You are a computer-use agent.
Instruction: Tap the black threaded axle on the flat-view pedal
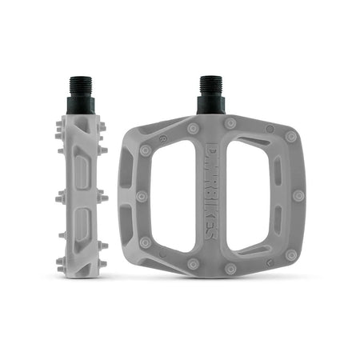pos(211,93)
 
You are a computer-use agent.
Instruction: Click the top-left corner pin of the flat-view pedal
pos(146,150)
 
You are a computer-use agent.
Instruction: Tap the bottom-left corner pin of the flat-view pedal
pos(145,242)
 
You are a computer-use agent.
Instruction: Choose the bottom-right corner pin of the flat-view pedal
pos(291,255)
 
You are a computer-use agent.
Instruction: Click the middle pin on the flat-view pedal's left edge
pos(141,196)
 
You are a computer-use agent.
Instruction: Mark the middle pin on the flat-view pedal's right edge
pos(298,196)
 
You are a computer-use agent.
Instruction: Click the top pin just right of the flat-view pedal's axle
pos(230,123)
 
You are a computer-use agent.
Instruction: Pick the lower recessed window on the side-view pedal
pos(80,222)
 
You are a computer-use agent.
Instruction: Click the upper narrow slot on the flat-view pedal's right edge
pos(278,173)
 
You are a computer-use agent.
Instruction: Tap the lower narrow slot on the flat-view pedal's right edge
pos(278,221)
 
